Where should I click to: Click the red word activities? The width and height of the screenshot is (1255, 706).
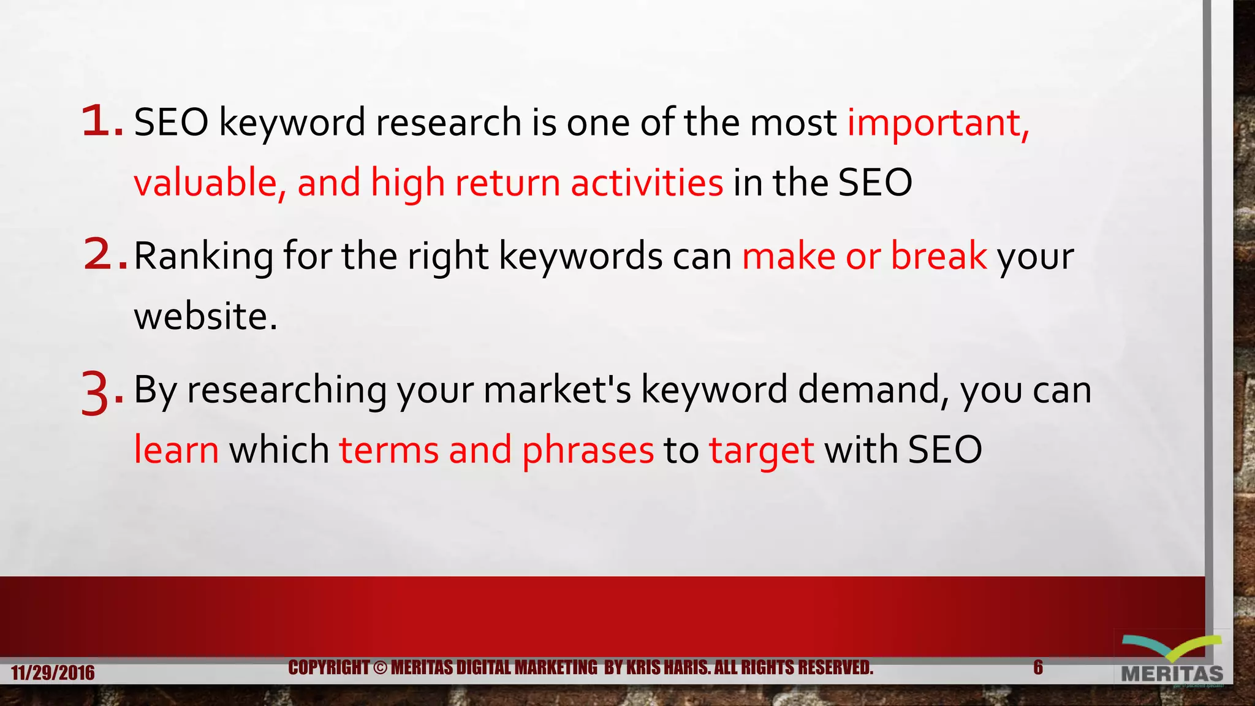(646, 183)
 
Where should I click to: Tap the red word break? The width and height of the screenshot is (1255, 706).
(938, 256)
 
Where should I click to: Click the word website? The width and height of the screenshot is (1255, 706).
(205, 317)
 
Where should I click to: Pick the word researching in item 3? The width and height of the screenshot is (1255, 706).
(287, 390)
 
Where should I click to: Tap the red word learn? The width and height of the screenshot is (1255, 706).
(176, 450)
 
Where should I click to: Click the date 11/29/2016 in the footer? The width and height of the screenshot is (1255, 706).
(53, 673)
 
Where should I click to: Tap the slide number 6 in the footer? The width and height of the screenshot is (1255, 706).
(1037, 667)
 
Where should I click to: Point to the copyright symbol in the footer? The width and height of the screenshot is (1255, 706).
(380, 667)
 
